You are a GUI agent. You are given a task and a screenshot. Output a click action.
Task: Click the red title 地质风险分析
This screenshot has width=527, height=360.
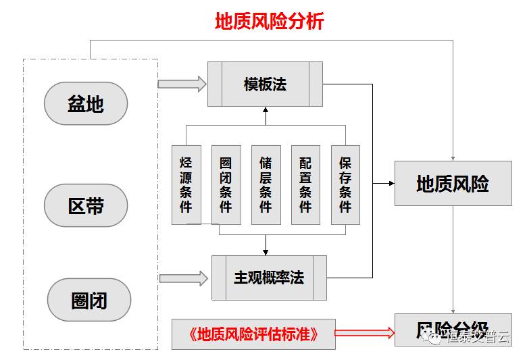[x=269, y=21]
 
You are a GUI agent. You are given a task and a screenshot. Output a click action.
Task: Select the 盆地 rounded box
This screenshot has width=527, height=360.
[x=86, y=103]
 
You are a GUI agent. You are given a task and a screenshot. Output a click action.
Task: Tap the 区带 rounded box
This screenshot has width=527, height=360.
[x=86, y=205]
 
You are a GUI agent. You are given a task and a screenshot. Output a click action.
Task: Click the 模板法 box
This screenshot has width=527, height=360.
[x=265, y=84]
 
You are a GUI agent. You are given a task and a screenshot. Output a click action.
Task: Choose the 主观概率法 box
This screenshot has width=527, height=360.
[x=269, y=278]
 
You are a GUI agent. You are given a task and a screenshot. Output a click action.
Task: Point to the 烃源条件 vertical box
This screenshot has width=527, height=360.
[x=186, y=184]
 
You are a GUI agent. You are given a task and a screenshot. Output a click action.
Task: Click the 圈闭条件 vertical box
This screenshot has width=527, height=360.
[x=226, y=184]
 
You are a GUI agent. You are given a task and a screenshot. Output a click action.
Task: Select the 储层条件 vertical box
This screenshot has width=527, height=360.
[x=266, y=184]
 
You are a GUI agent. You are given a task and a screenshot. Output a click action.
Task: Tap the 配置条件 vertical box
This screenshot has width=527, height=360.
[x=305, y=184]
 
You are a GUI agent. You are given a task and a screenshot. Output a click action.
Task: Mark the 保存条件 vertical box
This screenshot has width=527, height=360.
[x=345, y=184]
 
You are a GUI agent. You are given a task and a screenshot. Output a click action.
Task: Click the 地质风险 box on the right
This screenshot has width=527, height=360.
[x=453, y=183]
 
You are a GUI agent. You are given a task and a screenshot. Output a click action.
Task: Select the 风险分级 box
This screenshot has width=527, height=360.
[x=453, y=330]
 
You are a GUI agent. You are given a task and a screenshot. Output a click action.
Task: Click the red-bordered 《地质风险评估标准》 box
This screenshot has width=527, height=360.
[x=253, y=334]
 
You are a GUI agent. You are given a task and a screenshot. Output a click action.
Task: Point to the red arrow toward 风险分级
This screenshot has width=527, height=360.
[x=365, y=332]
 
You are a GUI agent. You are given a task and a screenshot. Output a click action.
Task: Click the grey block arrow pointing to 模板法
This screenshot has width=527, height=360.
[x=182, y=84]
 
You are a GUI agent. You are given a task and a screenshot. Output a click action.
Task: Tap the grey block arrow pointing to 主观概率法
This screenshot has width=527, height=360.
[x=183, y=278]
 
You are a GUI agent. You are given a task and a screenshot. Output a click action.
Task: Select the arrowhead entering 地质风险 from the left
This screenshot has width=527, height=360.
[x=391, y=183]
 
